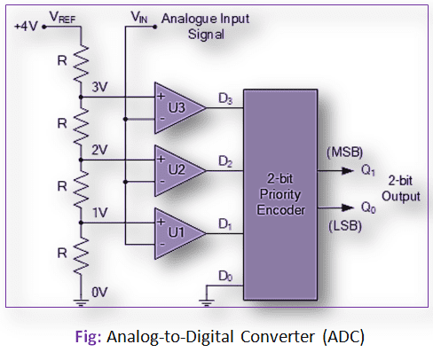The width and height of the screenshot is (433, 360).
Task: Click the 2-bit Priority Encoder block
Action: tap(280, 194)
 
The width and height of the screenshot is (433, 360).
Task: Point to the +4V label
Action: tap(26, 27)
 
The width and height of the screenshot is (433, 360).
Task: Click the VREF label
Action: tap(62, 17)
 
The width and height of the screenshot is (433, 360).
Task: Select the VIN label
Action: tap(139, 17)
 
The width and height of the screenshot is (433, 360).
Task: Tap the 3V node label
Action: tap(99, 87)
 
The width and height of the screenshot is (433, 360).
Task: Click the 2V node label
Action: tap(99, 150)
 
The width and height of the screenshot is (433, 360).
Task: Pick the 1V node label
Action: tap(100, 213)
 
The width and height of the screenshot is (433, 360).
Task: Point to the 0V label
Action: tap(99, 293)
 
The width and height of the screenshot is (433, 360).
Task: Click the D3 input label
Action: tap(225, 98)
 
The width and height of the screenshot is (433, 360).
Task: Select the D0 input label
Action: tap(225, 277)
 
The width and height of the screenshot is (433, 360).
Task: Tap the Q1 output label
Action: tap(368, 170)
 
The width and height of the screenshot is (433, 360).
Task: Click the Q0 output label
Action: tap(368, 207)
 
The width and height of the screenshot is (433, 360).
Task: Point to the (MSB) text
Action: tap(344, 153)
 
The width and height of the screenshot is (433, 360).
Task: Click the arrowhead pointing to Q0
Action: tap(348, 207)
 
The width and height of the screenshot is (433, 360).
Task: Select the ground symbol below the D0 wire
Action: tap(207, 302)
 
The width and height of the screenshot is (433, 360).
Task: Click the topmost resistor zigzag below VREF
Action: tap(81, 64)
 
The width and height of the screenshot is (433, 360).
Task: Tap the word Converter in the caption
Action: tap(278, 337)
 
